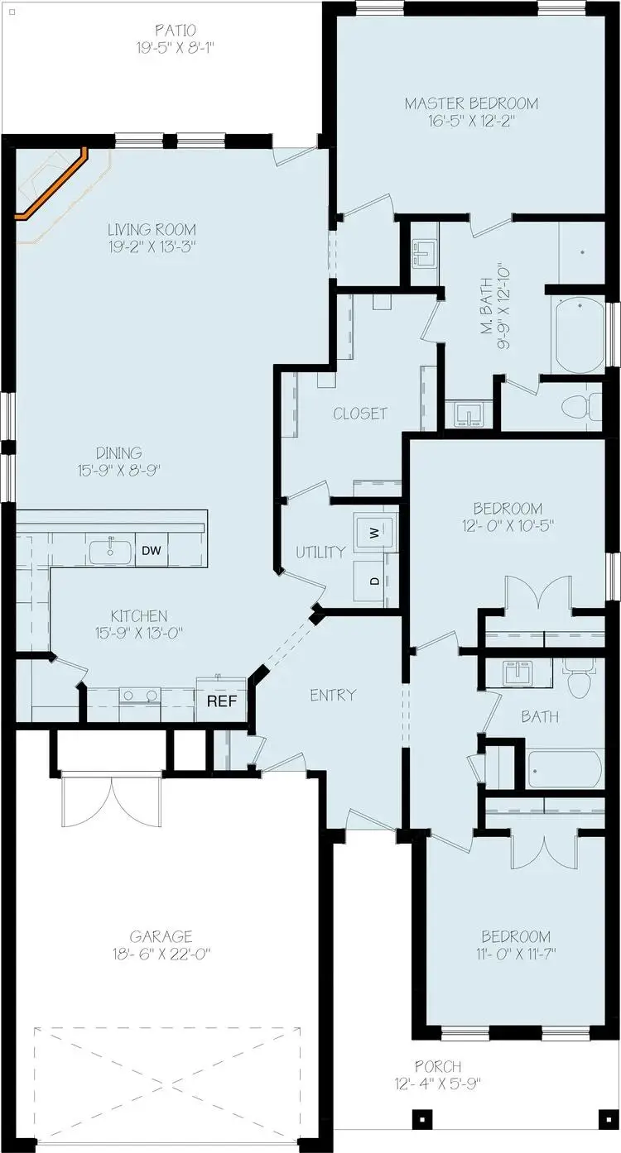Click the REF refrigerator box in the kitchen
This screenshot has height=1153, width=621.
pyautogui.click(x=222, y=701)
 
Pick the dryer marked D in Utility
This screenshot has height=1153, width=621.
pyautogui.click(x=375, y=581)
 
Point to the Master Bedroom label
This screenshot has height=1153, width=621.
pyautogui.click(x=471, y=103)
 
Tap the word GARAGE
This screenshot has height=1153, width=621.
pyautogui.click(x=166, y=936)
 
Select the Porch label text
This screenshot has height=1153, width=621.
pyautogui.click(x=440, y=1067)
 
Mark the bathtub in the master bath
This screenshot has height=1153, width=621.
pyautogui.click(x=580, y=336)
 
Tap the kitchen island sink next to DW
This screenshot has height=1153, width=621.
pyautogui.click(x=110, y=551)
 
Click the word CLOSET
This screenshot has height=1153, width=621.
pyautogui.click(x=360, y=413)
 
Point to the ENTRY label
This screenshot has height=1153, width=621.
pyautogui.click(x=333, y=695)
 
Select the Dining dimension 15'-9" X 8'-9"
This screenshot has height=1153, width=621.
pyautogui.click(x=118, y=469)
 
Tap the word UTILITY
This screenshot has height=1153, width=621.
pyautogui.click(x=320, y=552)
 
